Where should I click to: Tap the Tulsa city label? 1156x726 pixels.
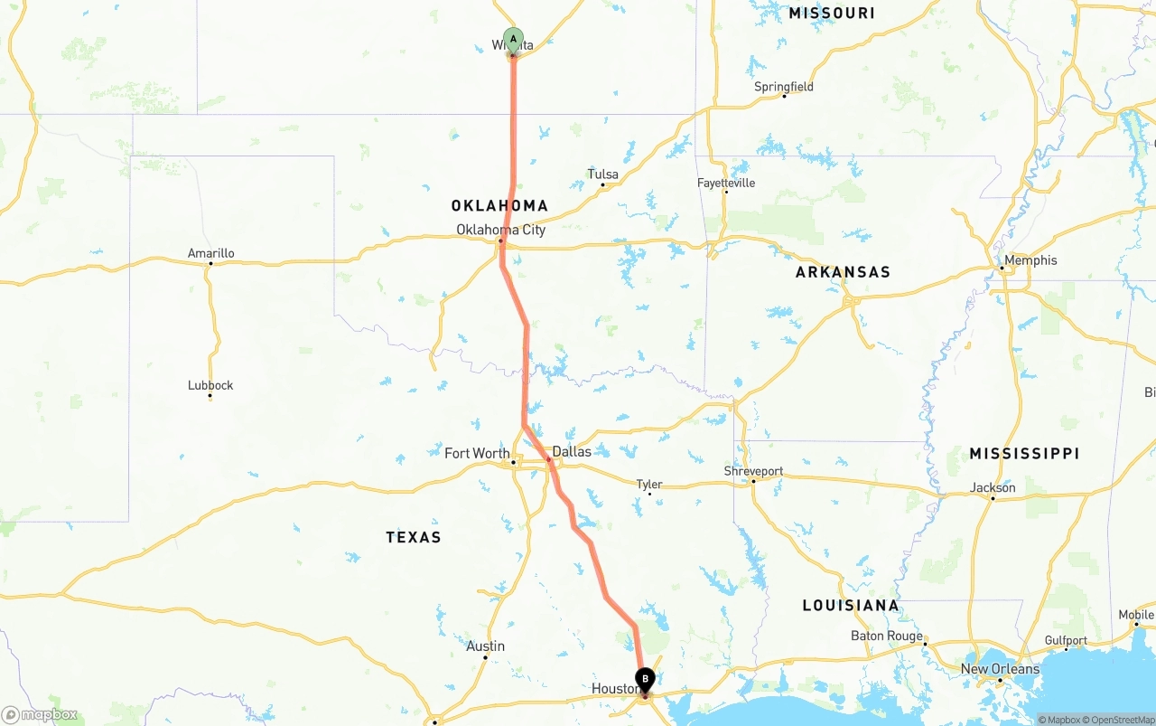tap(603, 174)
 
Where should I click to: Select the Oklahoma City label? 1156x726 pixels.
tap(500, 230)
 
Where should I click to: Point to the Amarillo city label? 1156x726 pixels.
tap(210, 253)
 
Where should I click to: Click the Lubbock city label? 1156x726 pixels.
tap(210, 385)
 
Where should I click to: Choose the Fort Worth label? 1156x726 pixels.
tap(477, 453)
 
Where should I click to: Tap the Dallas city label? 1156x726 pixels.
tap(572, 451)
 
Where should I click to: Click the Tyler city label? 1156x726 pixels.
tap(649, 485)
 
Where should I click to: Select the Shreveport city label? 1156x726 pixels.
tap(753, 471)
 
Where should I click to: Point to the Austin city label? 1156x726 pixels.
tap(485, 646)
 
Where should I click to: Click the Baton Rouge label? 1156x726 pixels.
tap(887, 636)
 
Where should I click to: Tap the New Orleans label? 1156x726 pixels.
tap(1000, 669)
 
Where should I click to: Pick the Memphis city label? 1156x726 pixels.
tap(1030, 260)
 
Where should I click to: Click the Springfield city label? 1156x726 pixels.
tap(784, 87)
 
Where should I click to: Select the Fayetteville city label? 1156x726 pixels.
tap(726, 183)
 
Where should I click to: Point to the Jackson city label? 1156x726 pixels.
tap(993, 487)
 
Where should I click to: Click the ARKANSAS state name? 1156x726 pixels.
tap(843, 272)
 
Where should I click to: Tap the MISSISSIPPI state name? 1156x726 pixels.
tap(1024, 453)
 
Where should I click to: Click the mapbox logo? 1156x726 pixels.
tap(40, 714)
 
